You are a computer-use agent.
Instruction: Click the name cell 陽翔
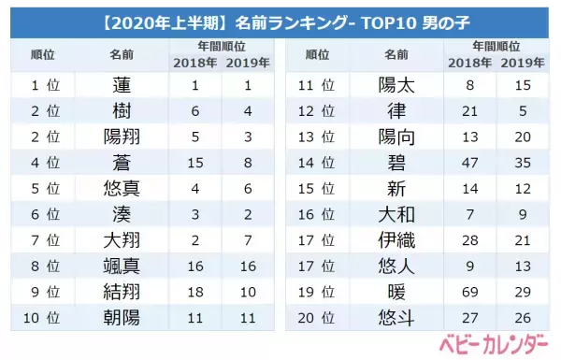click(x=121, y=137)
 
